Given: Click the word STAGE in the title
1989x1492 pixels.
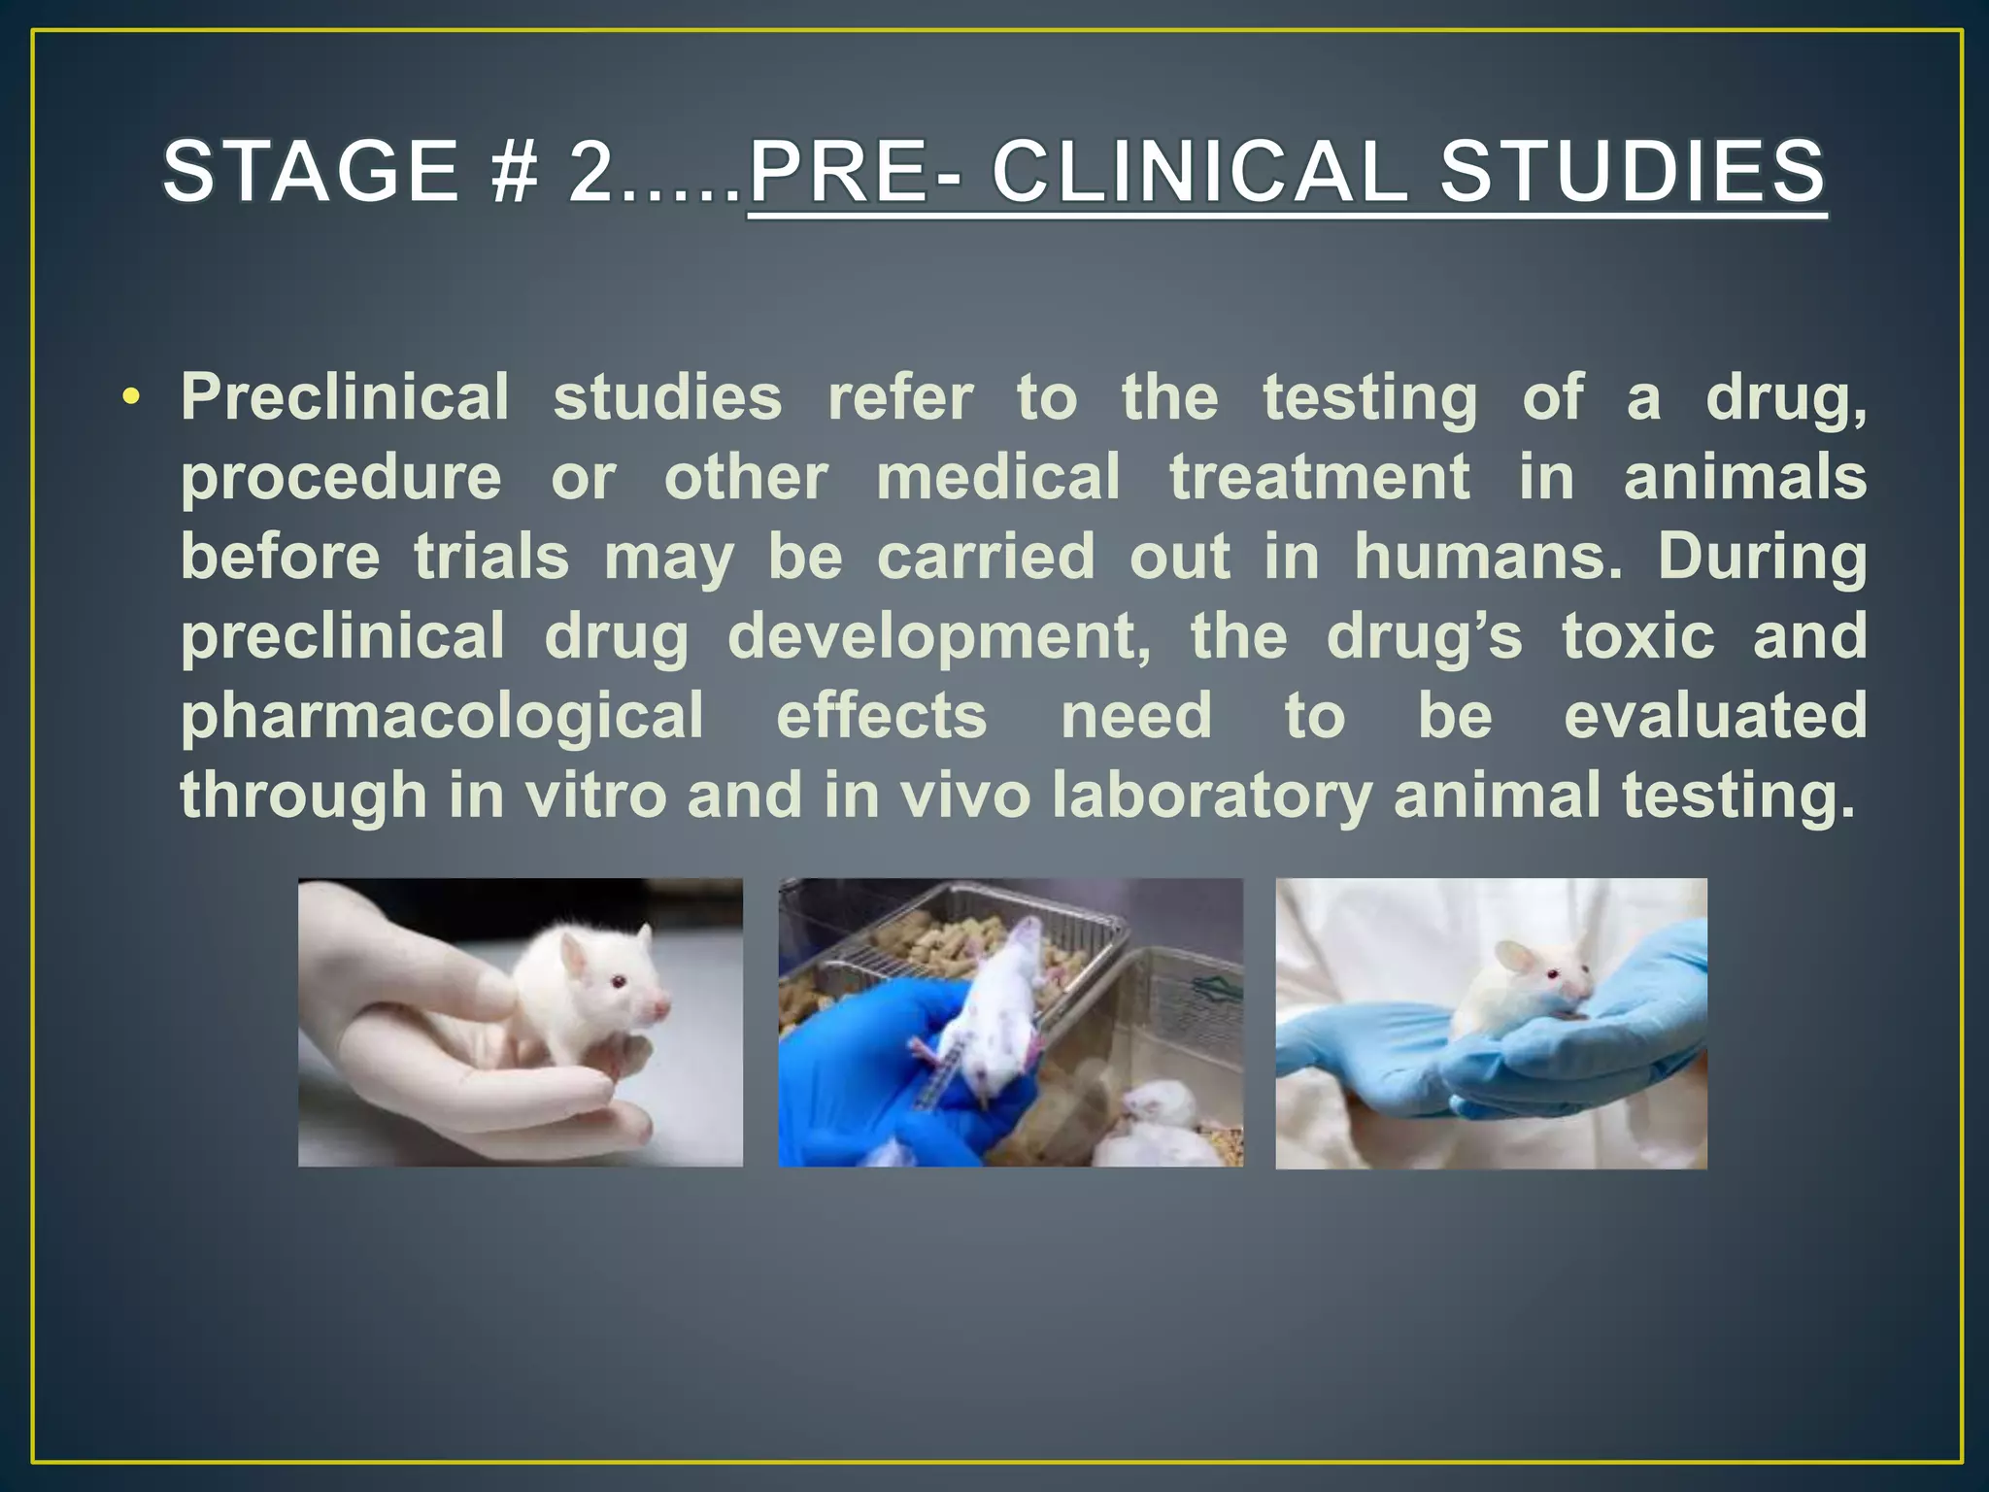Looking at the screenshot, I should coord(310,171).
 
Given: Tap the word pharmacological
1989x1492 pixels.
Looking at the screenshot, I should coord(442,717).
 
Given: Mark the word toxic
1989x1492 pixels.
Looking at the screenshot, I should coord(1638,636).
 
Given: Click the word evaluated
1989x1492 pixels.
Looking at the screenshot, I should coord(1715,716).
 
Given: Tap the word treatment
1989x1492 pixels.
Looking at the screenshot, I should coord(1319,477).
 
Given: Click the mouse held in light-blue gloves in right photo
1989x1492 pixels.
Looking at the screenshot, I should coord(1525,986).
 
